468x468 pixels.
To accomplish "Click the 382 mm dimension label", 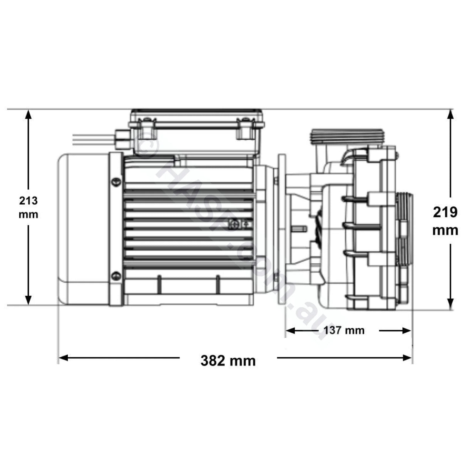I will tap(228, 360).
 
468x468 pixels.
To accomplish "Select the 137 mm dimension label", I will tap(344, 330).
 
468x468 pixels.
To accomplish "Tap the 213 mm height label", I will tap(29, 207).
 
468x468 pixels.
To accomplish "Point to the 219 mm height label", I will tap(445, 221).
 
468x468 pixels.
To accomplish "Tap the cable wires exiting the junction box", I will tap(93, 140).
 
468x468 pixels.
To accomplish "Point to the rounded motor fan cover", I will tap(83, 227).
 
